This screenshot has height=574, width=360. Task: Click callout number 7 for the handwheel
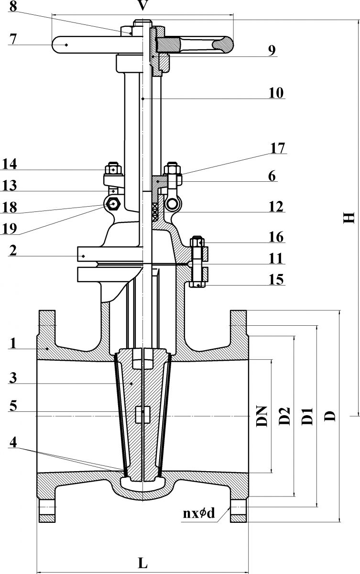click(x=13, y=39)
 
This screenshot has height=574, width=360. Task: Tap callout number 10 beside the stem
click(x=276, y=93)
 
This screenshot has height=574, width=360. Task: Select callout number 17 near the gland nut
click(x=278, y=148)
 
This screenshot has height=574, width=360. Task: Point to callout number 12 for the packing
click(x=276, y=207)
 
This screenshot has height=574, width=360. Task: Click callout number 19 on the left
click(x=10, y=229)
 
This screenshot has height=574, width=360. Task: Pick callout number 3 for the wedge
click(x=13, y=378)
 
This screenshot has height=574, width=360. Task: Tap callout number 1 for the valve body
click(x=13, y=343)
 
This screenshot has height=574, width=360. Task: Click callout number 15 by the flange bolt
click(x=276, y=279)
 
